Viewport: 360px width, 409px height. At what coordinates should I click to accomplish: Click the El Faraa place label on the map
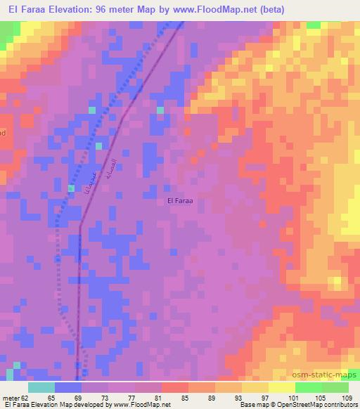pos(180,201)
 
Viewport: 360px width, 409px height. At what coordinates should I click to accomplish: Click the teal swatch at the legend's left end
pos(41,387)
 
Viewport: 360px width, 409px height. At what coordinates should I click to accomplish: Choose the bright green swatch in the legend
pos(308,387)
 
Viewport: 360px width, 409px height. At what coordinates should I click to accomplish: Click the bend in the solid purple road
pos(81,226)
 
